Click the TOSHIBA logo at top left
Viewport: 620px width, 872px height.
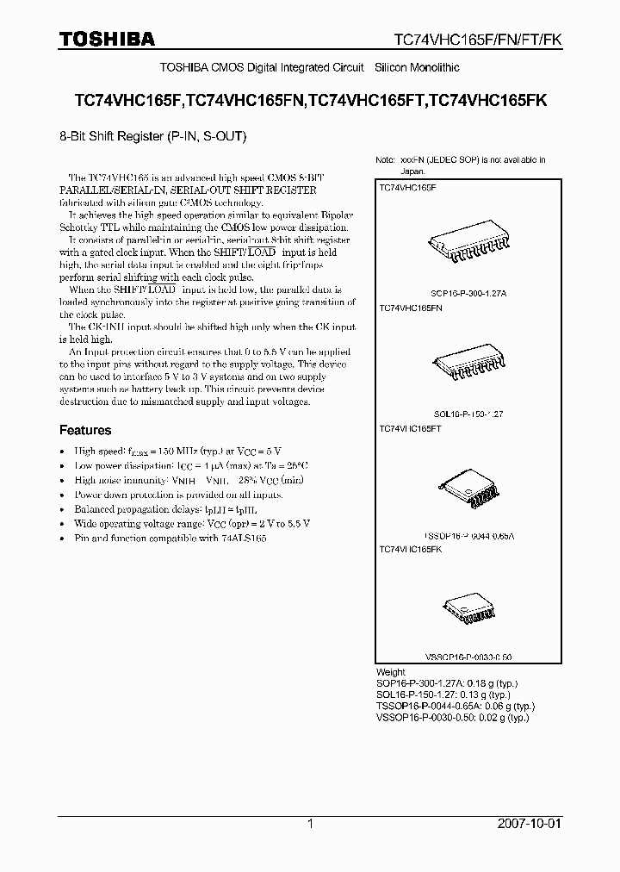pos(107,39)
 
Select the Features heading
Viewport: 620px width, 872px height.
pos(85,430)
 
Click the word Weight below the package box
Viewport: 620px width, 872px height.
pos(391,672)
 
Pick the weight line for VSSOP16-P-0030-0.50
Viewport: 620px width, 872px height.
pos(453,717)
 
